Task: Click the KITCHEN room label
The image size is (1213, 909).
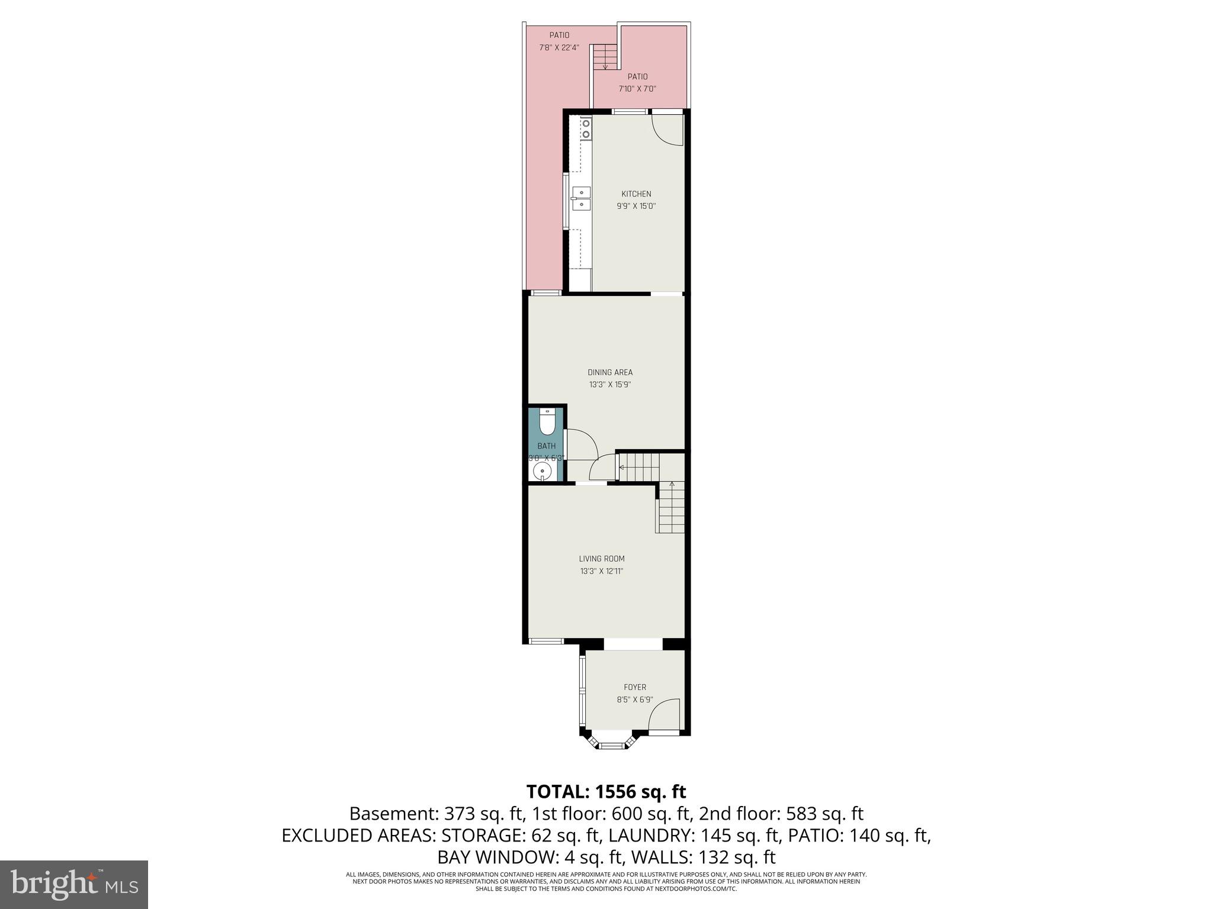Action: pos(636,194)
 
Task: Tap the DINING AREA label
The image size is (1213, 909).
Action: pos(610,372)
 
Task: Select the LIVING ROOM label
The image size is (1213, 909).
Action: pos(602,559)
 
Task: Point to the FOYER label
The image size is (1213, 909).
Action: pos(635,687)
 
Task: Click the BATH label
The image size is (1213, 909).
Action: pos(547,446)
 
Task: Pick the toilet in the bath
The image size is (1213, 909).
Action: pos(547,423)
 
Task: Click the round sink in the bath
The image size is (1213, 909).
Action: pos(543,471)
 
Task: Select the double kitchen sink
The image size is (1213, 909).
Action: pos(581,198)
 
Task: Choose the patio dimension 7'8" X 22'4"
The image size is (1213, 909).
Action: pos(559,48)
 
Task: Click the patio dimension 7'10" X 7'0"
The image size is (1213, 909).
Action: pos(637,89)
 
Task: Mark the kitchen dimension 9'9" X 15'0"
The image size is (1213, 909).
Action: pos(636,207)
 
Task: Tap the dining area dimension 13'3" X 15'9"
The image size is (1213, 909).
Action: pos(610,385)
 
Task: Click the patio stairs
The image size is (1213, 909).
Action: pos(605,57)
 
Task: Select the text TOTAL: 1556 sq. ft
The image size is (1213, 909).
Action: pos(606,791)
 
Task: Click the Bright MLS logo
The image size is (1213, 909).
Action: pos(74,885)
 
